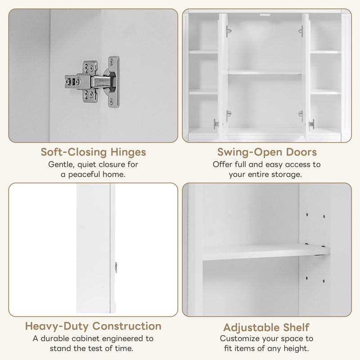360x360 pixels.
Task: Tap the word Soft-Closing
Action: (71, 152)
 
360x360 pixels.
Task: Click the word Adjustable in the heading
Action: (249, 328)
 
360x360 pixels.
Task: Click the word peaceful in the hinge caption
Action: (86, 174)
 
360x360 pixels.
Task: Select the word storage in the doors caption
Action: (287, 174)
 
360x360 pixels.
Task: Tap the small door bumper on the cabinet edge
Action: (116, 267)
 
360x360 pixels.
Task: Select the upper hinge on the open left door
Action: (229, 32)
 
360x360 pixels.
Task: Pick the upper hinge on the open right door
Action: (300, 32)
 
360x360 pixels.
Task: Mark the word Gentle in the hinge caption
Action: (62, 165)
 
